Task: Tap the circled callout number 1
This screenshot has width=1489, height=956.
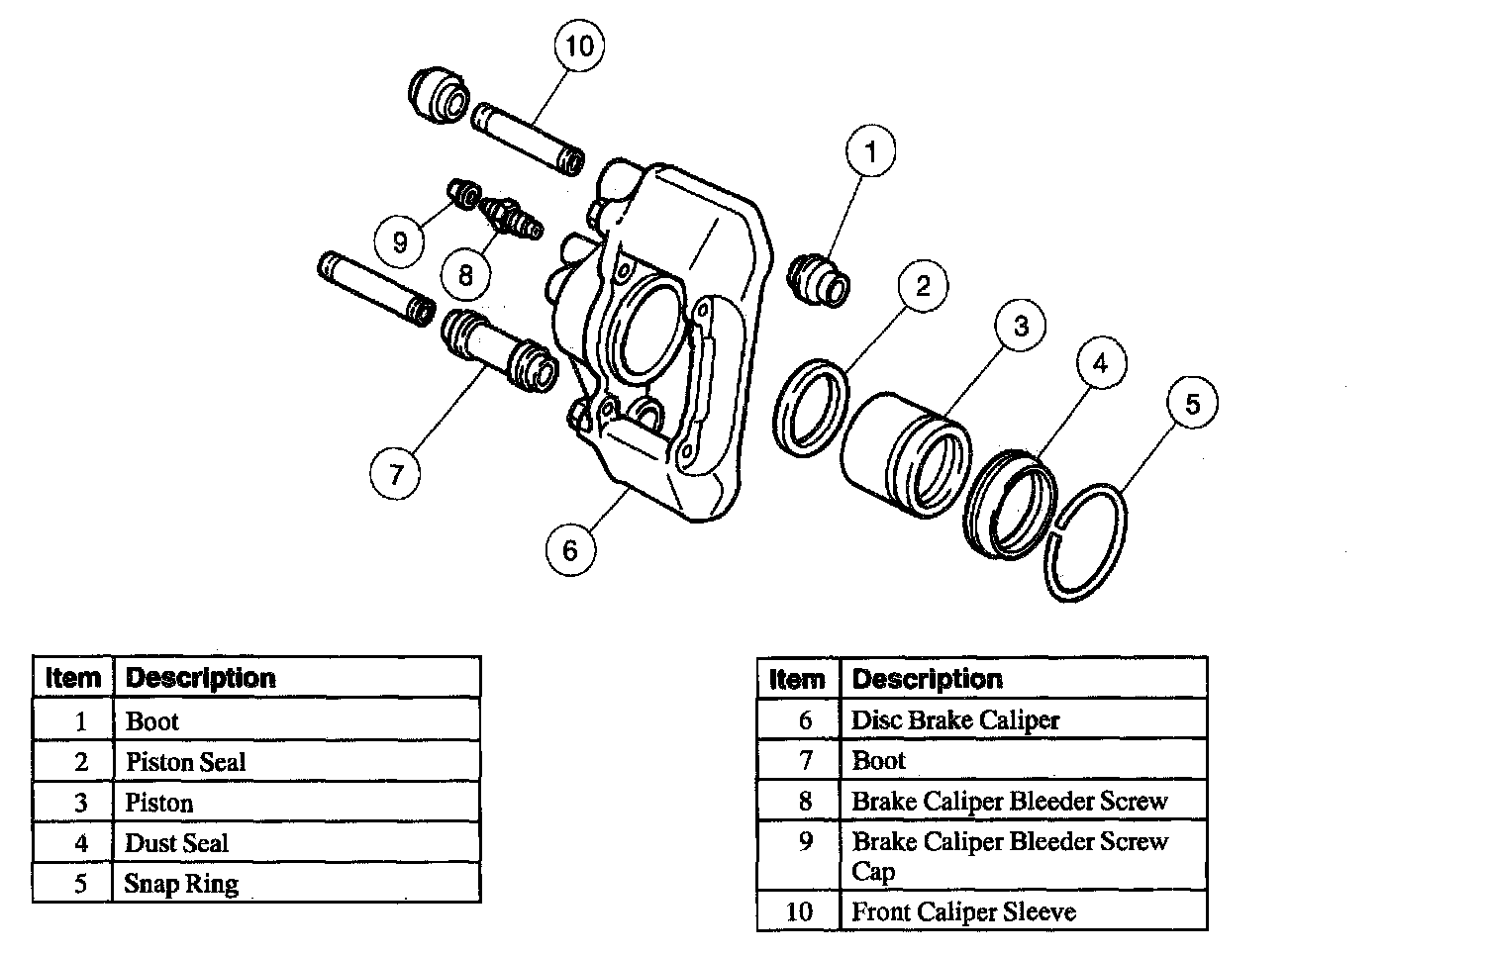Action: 870,152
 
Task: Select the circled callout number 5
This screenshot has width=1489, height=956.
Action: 1192,404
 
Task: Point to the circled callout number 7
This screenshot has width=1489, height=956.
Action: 396,474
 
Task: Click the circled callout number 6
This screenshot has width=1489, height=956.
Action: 570,549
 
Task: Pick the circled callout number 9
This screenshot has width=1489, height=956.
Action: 400,241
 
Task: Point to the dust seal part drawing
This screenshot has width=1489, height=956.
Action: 1010,502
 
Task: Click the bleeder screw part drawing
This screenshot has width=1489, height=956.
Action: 510,217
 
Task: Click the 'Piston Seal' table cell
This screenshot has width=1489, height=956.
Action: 296,762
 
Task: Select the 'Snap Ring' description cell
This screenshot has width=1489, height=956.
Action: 296,884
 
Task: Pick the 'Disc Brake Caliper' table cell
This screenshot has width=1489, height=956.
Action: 1023,720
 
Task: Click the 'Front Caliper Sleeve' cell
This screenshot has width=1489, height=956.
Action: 1023,911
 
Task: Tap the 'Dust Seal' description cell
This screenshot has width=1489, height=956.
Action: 296,843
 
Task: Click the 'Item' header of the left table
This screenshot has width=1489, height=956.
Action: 73,678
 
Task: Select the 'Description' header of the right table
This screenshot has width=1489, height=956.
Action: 1023,679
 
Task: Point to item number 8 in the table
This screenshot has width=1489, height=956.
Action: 805,801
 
